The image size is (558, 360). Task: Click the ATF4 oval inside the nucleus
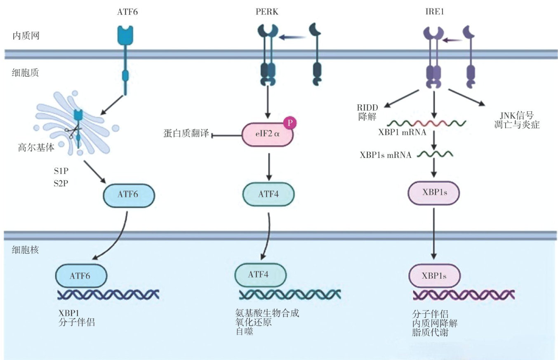(x=260, y=275)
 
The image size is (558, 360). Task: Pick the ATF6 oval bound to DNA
(x=81, y=275)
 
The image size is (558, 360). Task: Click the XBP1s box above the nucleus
(x=433, y=193)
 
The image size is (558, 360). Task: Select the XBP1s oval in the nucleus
(x=434, y=275)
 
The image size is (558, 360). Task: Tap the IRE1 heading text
(x=433, y=12)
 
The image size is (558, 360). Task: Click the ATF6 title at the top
(x=127, y=12)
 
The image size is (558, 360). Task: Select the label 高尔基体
(x=36, y=148)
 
